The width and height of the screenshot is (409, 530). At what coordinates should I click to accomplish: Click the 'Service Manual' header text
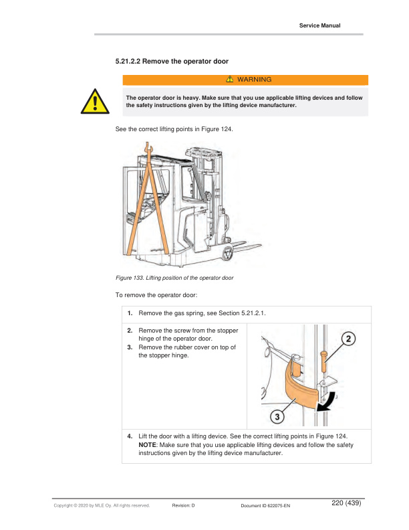coord(319,25)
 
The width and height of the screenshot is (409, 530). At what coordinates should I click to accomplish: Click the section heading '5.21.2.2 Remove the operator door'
coord(172,62)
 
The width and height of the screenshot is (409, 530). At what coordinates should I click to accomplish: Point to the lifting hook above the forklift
coord(150,147)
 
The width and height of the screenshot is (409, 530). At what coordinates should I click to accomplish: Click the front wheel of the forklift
coord(228,254)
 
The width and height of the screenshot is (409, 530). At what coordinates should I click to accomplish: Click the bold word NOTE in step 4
coord(147,444)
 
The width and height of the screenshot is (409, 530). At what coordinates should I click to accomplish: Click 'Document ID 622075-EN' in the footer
coord(265,506)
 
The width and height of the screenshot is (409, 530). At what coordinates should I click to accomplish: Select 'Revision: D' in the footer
coord(183,506)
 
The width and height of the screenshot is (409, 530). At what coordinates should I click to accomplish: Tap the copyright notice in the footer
coord(101,506)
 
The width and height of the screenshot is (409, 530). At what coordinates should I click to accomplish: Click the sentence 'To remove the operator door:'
coord(158,294)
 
